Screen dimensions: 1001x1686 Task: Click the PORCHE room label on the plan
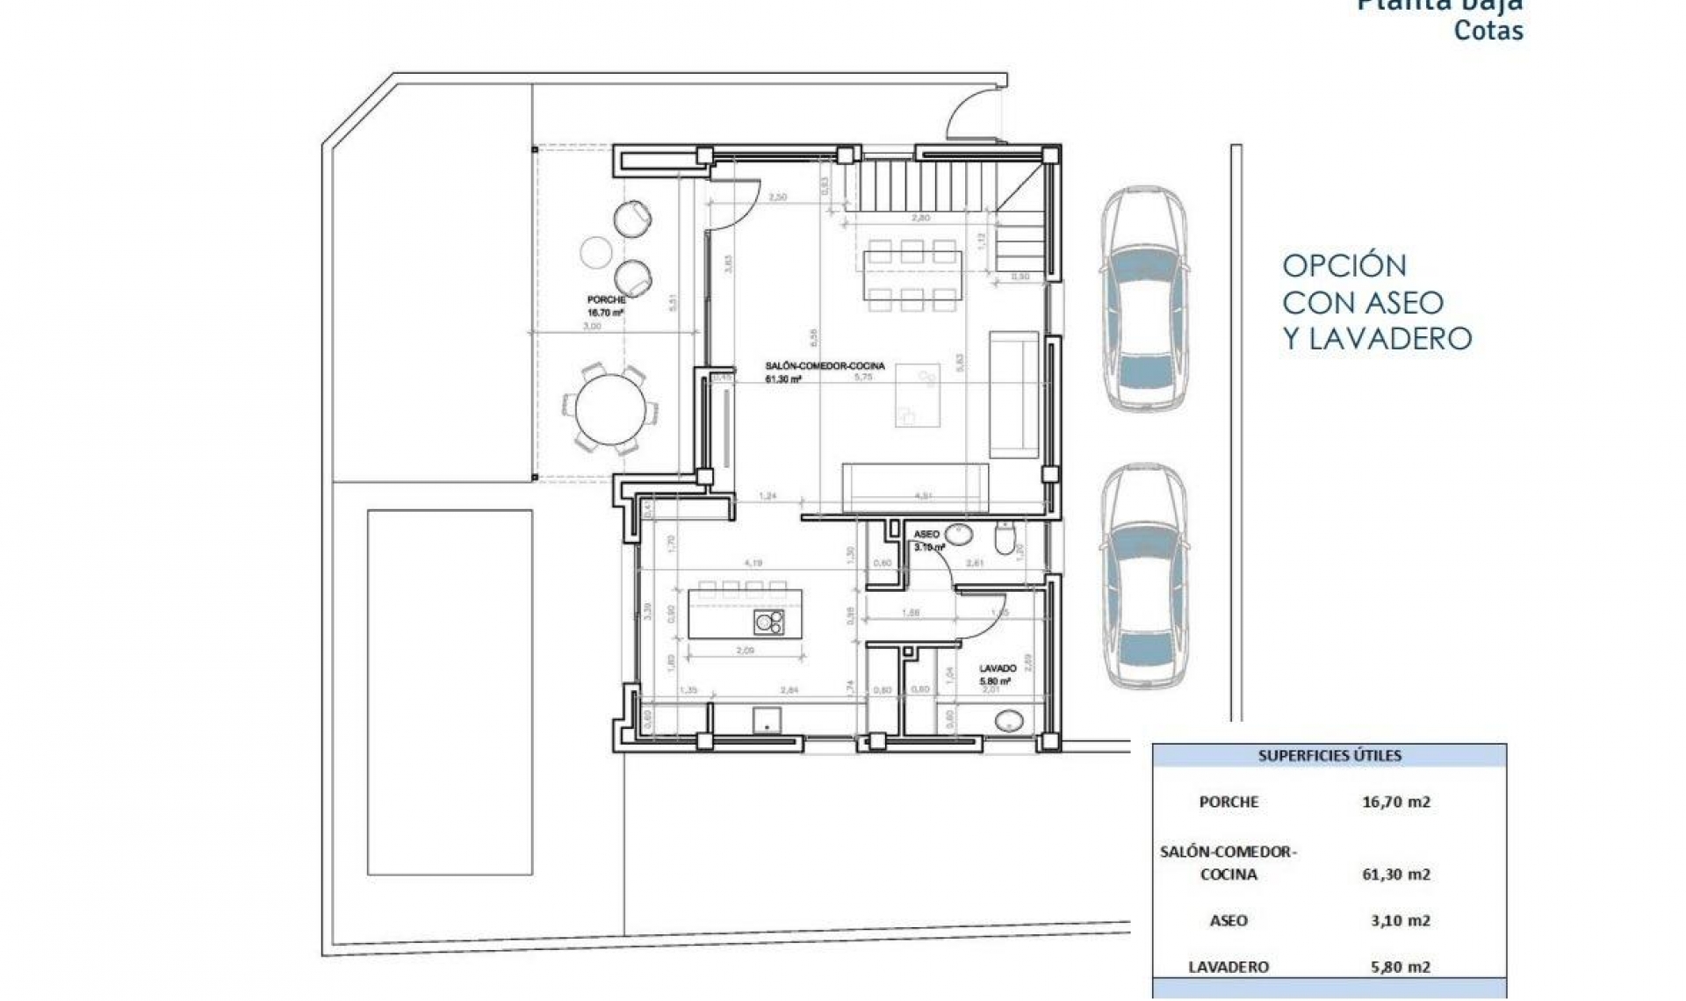tap(606, 300)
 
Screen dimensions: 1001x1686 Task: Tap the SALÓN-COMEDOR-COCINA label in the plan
tap(825, 366)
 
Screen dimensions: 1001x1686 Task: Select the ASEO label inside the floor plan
tap(926, 534)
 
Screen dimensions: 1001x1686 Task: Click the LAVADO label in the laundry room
tap(998, 668)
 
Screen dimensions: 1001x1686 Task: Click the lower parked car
tap(1144, 578)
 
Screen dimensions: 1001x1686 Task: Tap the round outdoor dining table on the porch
tap(611, 410)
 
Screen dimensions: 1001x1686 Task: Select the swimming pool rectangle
tap(450, 692)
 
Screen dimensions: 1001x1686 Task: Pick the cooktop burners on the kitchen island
tap(769, 622)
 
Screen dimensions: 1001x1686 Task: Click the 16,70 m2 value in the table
tap(1395, 802)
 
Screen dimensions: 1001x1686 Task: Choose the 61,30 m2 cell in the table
tap(1395, 875)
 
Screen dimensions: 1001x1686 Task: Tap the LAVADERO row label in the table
tap(1228, 967)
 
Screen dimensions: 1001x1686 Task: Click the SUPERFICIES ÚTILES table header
tap(1329, 755)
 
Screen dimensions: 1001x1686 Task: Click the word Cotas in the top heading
tap(1488, 31)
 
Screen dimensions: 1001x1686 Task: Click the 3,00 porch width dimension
tap(592, 326)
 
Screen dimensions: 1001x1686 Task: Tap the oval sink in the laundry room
tap(1009, 722)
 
